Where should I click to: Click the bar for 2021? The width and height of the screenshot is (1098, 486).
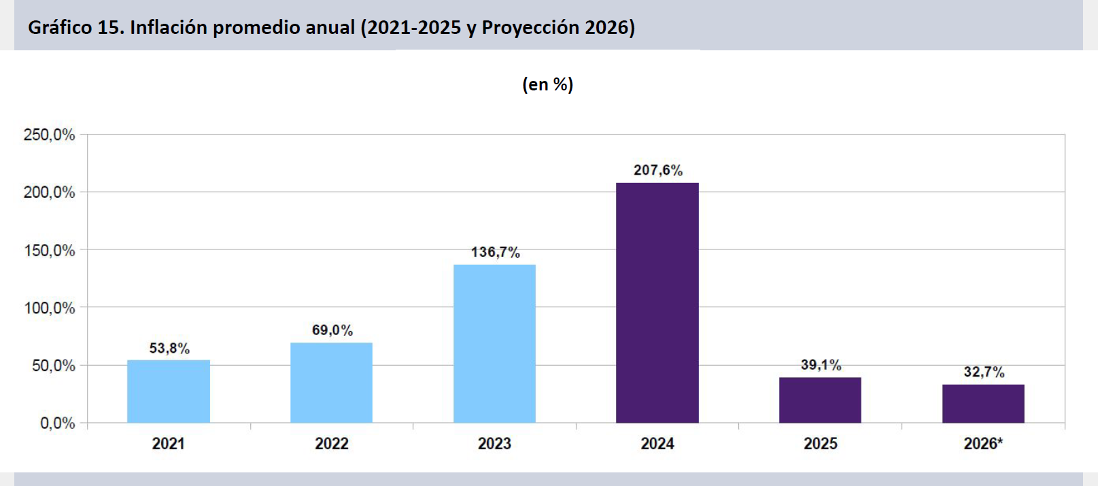click(169, 392)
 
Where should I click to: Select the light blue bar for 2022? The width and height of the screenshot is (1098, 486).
click(331, 383)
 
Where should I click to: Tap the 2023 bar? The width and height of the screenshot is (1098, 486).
click(494, 343)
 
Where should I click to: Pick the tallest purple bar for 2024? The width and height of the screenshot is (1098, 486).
click(657, 302)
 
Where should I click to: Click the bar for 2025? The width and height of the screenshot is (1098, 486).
click(820, 400)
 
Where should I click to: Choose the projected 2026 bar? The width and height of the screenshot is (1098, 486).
click(983, 404)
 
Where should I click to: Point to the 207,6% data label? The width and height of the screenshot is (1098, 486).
click(658, 170)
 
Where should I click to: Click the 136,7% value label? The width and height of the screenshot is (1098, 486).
click(495, 251)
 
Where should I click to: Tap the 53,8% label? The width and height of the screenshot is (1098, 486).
click(169, 348)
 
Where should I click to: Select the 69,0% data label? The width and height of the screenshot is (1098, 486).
click(332, 330)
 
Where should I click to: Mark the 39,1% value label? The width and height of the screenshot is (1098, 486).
click(821, 364)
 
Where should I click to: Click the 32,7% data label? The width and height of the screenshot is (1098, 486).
click(984, 372)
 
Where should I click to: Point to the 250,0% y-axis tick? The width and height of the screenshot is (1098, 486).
click(49, 134)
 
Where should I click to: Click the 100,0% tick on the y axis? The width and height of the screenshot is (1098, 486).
click(49, 308)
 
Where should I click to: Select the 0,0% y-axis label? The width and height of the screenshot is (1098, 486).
click(57, 423)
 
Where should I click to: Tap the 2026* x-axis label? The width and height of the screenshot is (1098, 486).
click(983, 443)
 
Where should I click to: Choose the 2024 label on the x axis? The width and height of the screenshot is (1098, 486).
click(657, 443)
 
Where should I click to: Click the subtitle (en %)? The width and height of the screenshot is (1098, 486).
click(547, 84)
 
